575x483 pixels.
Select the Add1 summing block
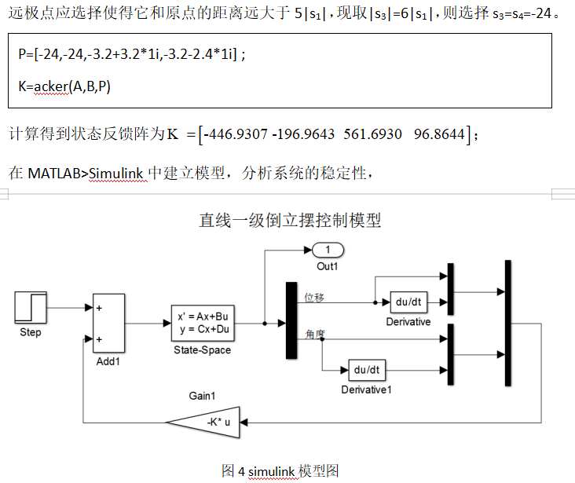[x=109, y=324]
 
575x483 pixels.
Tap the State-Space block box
[x=203, y=323]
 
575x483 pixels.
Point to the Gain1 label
[x=203, y=396]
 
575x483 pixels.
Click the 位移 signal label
[x=314, y=297]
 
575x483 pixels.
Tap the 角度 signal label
[x=314, y=334]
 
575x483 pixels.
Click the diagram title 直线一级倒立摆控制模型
[x=290, y=220]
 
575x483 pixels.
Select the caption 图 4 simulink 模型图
[x=280, y=470]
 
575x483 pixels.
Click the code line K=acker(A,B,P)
[x=64, y=86]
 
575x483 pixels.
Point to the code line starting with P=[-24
[x=132, y=55]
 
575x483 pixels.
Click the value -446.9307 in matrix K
[x=236, y=135]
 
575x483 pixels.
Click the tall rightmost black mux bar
[x=508, y=321]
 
